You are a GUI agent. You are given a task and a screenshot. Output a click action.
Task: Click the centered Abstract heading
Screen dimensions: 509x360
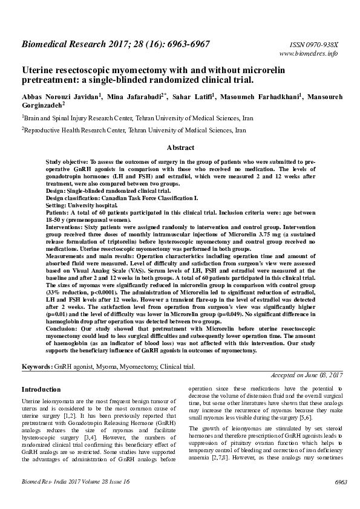point(180,148)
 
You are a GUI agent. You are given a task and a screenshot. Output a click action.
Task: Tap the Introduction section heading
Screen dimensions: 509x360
point(41,389)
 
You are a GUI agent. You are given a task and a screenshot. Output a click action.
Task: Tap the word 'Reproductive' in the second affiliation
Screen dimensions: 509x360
point(42,129)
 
